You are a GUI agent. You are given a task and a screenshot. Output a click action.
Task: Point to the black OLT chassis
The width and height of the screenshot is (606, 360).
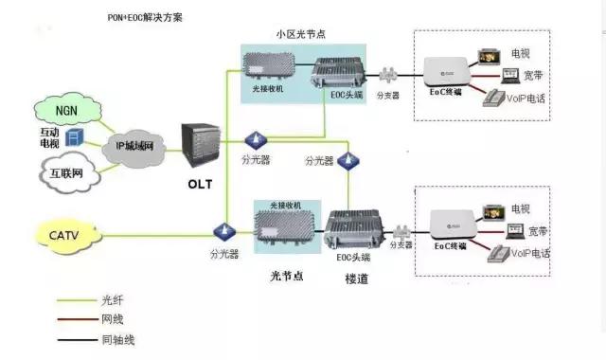point(201,143)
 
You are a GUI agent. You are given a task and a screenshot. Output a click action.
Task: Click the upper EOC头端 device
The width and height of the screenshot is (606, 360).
point(341,74)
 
